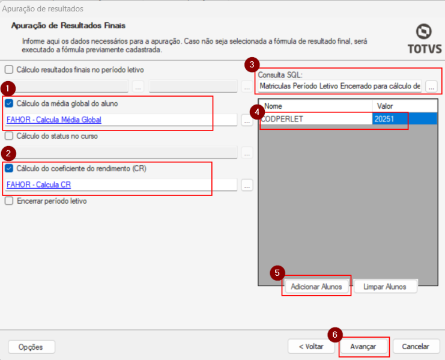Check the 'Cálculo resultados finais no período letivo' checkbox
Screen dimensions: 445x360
[9, 70]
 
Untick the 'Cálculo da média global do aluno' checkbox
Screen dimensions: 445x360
[9, 103]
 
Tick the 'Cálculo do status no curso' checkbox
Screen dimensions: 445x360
[9, 136]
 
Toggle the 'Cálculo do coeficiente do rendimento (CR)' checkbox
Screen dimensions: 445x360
[9, 168]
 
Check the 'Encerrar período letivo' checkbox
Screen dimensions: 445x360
[9, 201]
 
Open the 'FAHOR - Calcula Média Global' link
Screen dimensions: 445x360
[54, 120]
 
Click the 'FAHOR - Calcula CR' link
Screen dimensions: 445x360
[38, 185]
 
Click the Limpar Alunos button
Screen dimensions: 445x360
[385, 287]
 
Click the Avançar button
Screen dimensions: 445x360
[363, 347]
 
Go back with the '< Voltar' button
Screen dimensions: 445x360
[311, 347]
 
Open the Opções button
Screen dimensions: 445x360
[31, 347]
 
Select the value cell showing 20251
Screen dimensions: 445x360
[404, 118]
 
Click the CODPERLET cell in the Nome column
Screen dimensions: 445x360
[316, 118]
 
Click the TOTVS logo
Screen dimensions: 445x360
[425, 39]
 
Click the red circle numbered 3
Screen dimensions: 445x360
[252, 65]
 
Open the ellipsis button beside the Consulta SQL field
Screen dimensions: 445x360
[431, 86]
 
